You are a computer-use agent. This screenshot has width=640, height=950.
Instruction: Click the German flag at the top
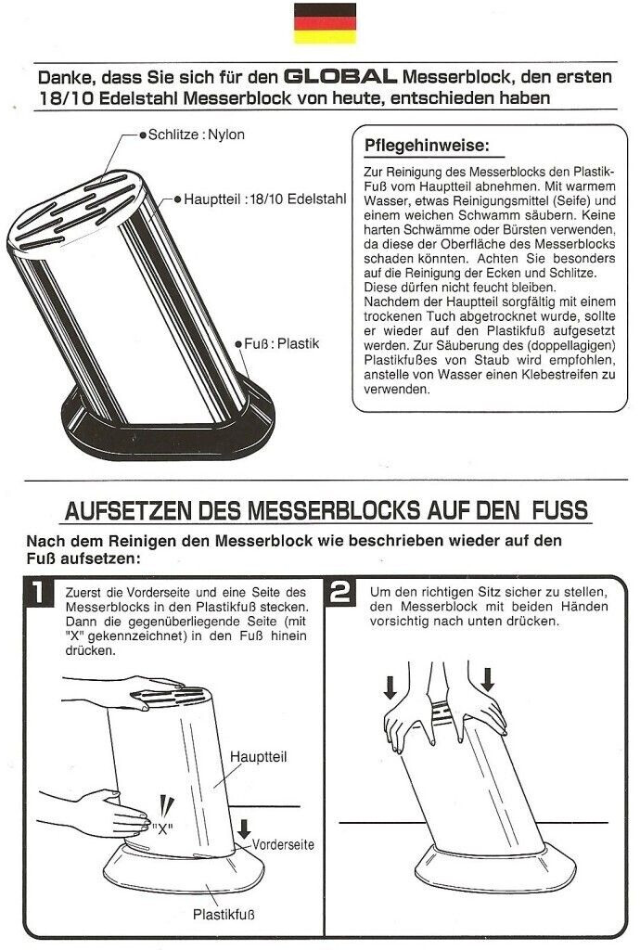click(326, 23)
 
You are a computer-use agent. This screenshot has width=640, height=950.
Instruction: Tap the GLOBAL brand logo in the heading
click(340, 76)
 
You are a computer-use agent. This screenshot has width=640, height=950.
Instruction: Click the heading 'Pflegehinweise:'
click(427, 146)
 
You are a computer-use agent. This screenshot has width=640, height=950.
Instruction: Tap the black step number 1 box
click(38, 592)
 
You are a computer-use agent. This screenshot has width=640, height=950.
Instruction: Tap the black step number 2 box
click(341, 592)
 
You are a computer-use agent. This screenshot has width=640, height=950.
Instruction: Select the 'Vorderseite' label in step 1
click(283, 844)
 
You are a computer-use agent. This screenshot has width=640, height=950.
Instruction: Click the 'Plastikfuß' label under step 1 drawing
click(224, 914)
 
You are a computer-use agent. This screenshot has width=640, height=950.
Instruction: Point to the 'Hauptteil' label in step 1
click(258, 757)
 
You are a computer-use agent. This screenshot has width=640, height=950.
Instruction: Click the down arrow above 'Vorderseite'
click(244, 828)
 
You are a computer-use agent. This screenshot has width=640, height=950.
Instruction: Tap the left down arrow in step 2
click(390, 687)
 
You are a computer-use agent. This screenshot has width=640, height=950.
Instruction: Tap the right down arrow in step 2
click(487, 679)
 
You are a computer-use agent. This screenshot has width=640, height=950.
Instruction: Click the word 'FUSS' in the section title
click(560, 510)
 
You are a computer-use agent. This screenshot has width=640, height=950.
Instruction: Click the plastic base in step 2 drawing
click(495, 867)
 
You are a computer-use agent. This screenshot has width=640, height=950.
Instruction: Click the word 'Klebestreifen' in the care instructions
click(555, 375)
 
